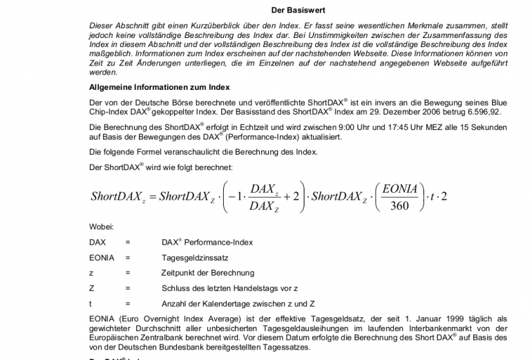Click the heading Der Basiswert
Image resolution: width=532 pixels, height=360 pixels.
298,10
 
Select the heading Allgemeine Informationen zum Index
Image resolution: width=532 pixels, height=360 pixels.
160,87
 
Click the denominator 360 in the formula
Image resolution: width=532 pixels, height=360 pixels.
399,205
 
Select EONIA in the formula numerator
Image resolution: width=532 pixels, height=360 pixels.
399,187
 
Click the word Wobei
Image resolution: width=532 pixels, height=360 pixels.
102,227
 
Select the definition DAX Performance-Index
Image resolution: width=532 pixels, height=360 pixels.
207,243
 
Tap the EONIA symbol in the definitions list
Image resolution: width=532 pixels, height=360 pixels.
102,257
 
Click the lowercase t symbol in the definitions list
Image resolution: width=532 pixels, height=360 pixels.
91,303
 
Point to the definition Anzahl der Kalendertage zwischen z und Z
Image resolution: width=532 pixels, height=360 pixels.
238,303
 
